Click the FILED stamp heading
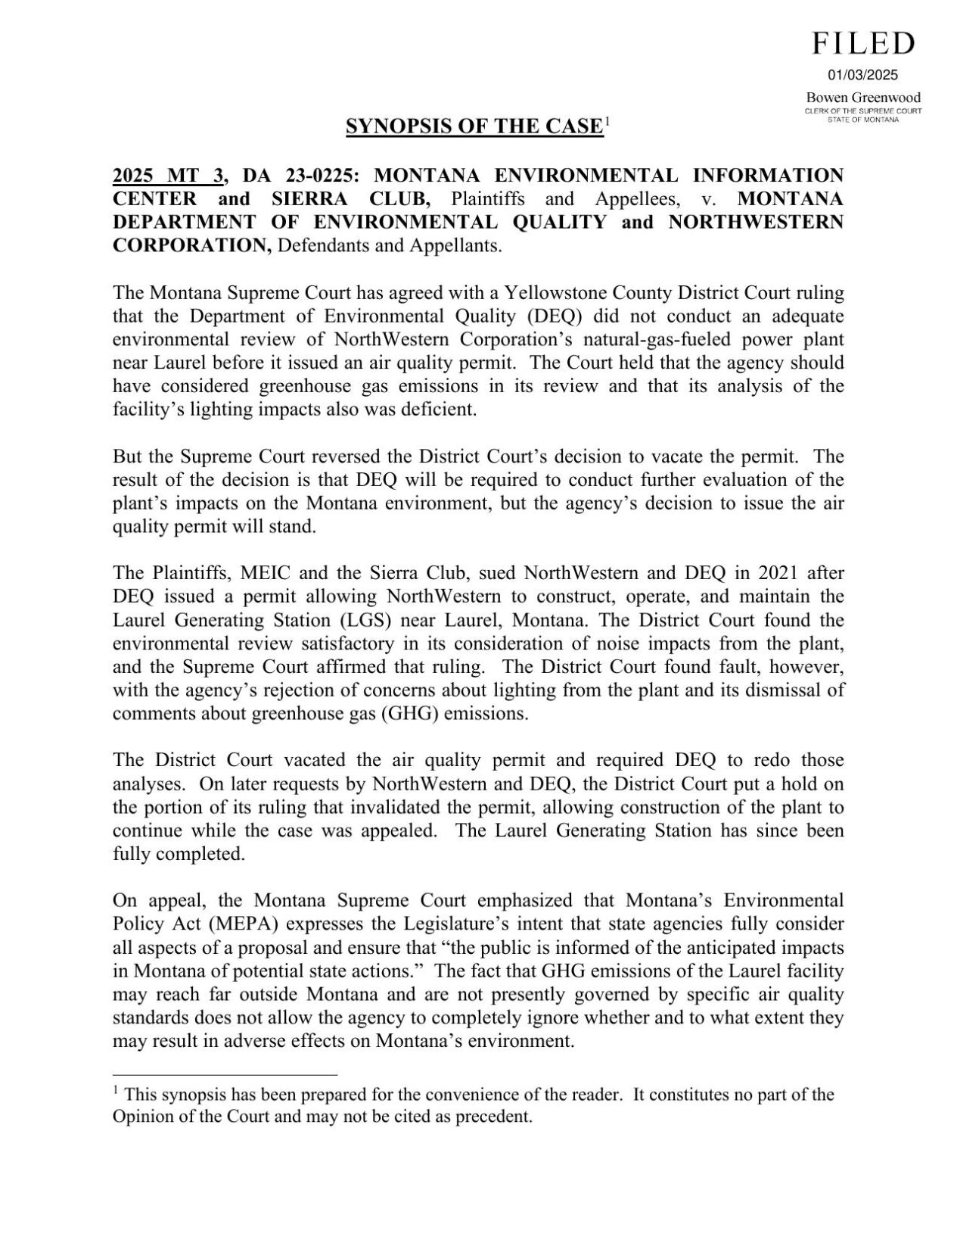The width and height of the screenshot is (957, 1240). pyautogui.click(x=863, y=44)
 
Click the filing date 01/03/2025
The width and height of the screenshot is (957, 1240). pyautogui.click(x=862, y=75)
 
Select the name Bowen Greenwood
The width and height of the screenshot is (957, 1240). pyautogui.click(x=863, y=98)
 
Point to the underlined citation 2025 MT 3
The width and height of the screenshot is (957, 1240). pyautogui.click(x=168, y=176)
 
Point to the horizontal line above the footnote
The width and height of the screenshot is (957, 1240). pyautogui.click(x=225, y=1074)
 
